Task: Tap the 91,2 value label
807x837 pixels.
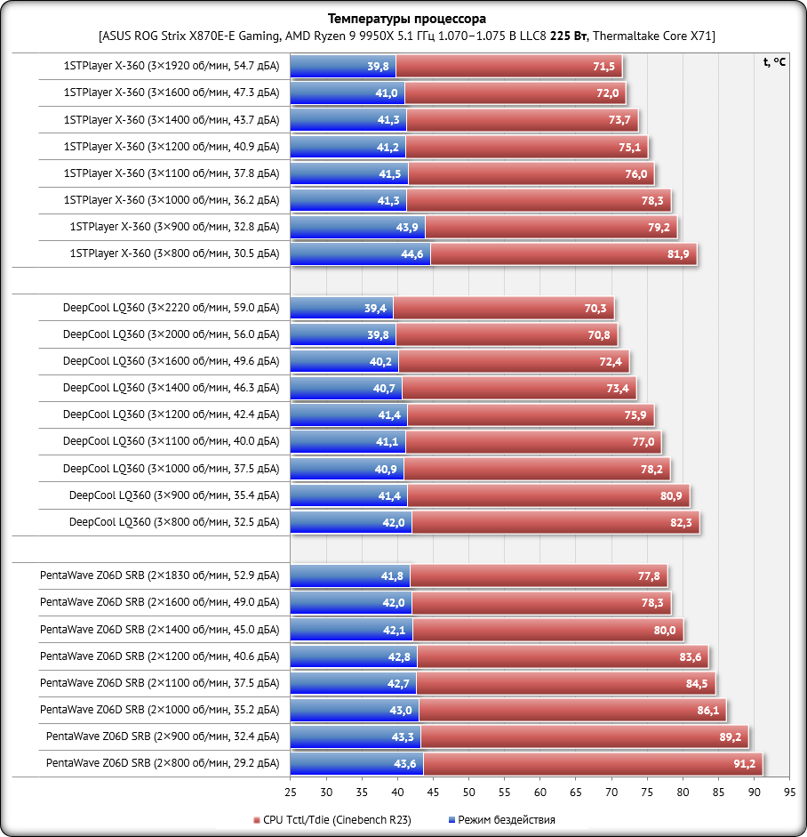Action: tap(744, 764)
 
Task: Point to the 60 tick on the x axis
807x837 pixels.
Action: tap(540, 792)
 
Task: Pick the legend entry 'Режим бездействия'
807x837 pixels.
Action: tap(502, 820)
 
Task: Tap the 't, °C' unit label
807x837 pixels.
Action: tap(774, 61)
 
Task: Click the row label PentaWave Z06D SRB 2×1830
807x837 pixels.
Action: tap(159, 575)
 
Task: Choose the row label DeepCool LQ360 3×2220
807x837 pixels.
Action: tap(171, 308)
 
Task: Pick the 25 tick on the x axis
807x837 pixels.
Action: tap(291, 792)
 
